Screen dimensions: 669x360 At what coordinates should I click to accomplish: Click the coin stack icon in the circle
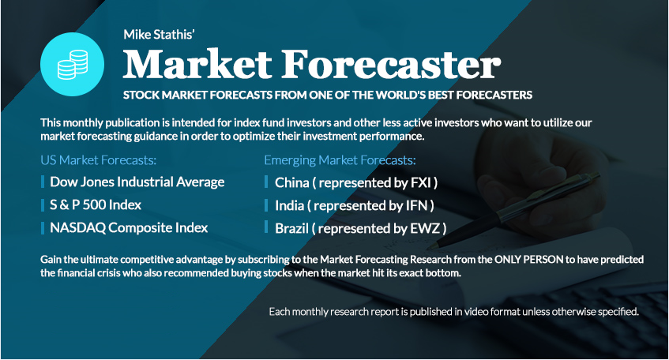pyautogui.click(x=73, y=65)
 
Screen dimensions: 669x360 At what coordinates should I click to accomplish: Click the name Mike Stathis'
pyautogui.click(x=159, y=35)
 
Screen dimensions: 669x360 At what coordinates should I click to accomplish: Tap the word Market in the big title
pyautogui.click(x=197, y=64)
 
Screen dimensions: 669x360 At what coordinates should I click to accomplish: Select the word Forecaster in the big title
pyautogui.click(x=391, y=64)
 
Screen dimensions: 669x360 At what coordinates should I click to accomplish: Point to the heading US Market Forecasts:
pyautogui.click(x=99, y=160)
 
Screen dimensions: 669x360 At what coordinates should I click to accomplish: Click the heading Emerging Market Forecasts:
pyautogui.click(x=340, y=160)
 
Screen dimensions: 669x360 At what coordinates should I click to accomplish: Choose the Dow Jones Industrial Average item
pyautogui.click(x=137, y=182)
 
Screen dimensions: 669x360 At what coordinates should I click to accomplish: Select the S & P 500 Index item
pyautogui.click(x=96, y=204)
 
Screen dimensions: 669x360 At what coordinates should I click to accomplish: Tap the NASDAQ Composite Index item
pyautogui.click(x=129, y=228)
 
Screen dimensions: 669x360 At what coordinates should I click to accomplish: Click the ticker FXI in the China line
pyautogui.click(x=421, y=182)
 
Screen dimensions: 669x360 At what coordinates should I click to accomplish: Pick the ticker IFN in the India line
pyautogui.click(x=416, y=205)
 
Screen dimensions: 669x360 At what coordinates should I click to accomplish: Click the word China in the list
pyautogui.click(x=291, y=182)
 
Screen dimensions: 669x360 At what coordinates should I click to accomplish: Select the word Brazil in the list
pyautogui.click(x=291, y=229)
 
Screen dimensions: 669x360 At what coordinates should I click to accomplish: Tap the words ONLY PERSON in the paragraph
pyautogui.click(x=529, y=259)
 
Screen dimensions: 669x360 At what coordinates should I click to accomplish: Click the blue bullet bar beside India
pyautogui.click(x=266, y=204)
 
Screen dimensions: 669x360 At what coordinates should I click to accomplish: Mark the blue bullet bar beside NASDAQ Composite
pyautogui.click(x=43, y=228)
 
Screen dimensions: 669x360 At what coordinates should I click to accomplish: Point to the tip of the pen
pyautogui.click(x=428, y=247)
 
